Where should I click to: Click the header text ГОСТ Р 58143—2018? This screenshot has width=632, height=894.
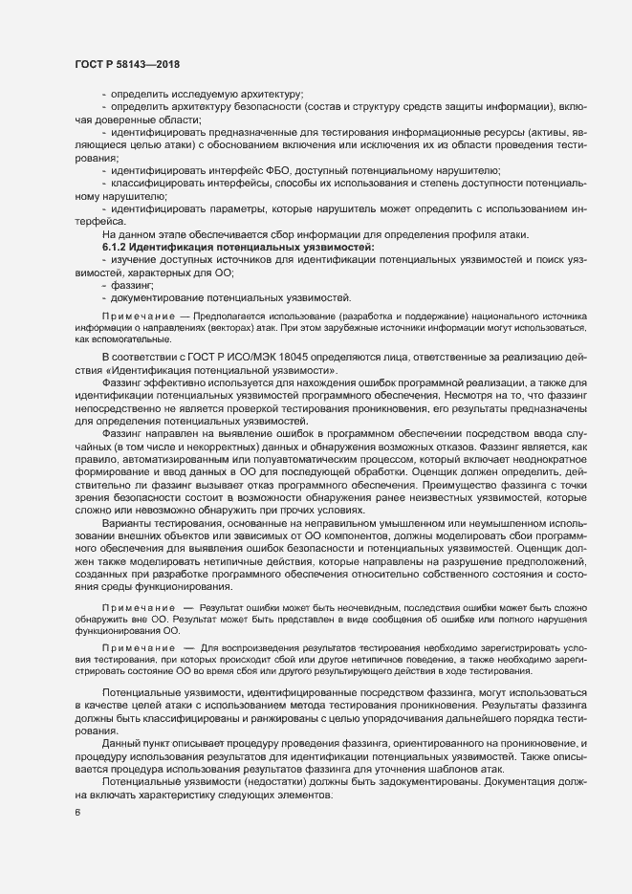[x=127, y=64]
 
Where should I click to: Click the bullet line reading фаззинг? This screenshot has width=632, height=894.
[x=131, y=285]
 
